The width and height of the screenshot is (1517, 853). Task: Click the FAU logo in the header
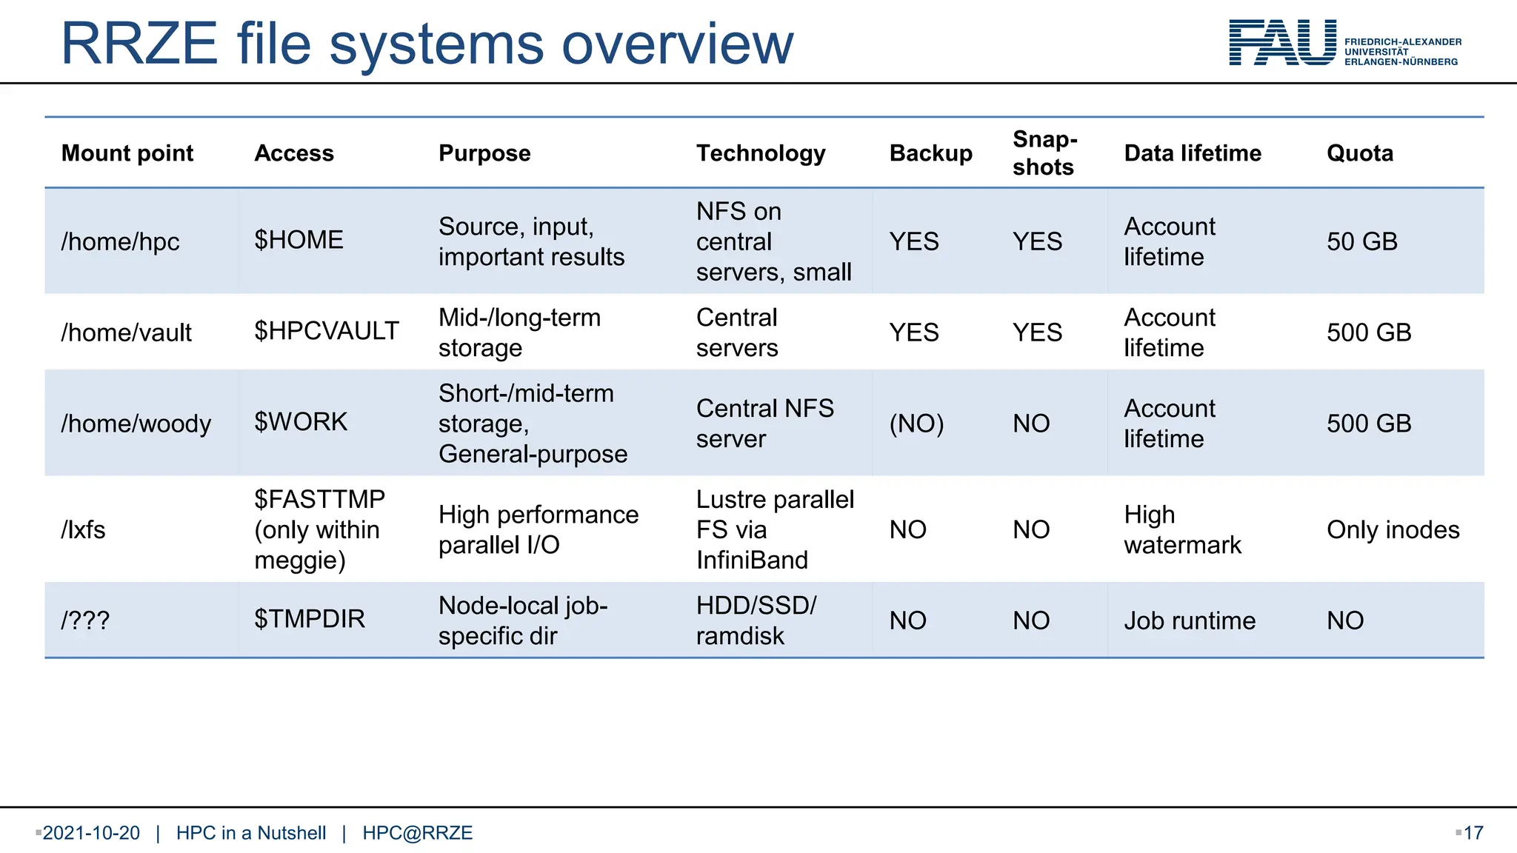(1281, 43)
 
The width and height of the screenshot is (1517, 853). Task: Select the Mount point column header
(127, 153)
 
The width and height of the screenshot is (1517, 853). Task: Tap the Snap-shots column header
(1044, 153)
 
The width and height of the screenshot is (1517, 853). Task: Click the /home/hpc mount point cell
(120, 242)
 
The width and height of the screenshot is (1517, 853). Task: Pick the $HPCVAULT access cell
(327, 331)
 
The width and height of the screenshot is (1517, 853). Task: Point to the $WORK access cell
(301, 422)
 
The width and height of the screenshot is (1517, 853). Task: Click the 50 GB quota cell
(1361, 242)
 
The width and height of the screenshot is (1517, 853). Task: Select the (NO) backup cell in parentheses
(916, 424)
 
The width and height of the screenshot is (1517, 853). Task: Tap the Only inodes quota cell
(1393, 530)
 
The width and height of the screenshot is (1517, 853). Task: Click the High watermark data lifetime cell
(1182, 530)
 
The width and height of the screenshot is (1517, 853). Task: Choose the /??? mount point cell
(85, 620)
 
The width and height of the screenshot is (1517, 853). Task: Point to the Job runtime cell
(1190, 620)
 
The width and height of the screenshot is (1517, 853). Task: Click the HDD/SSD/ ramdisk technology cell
(756, 620)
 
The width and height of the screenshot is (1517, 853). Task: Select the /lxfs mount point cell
(83, 530)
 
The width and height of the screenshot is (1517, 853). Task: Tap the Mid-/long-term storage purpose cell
(519, 332)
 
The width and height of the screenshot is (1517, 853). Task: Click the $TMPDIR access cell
(310, 619)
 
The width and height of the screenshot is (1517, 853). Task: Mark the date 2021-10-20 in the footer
(91, 833)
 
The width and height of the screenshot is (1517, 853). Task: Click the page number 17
(1473, 833)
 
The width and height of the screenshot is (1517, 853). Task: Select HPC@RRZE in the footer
(417, 833)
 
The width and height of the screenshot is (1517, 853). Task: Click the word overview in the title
(677, 44)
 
